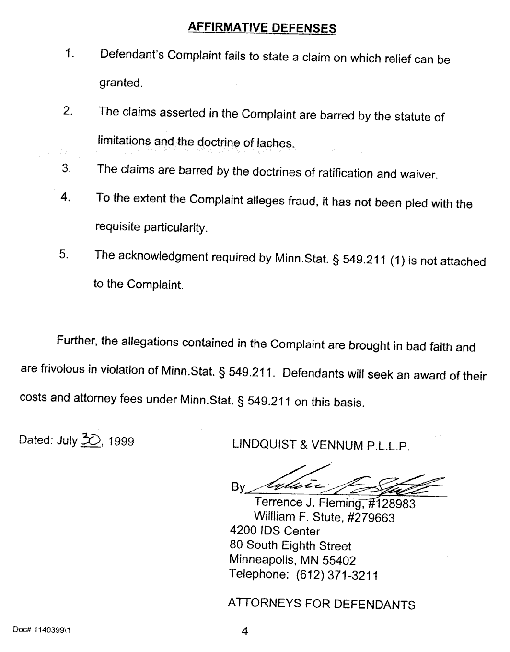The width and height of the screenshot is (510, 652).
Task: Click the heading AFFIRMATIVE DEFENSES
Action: (x=262, y=27)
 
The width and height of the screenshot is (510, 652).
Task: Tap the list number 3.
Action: (x=66, y=168)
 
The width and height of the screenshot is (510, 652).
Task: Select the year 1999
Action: (x=121, y=441)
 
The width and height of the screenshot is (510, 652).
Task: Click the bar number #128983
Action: (x=389, y=504)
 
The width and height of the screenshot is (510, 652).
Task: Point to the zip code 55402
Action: (x=339, y=560)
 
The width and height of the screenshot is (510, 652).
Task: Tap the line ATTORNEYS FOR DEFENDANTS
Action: (x=322, y=604)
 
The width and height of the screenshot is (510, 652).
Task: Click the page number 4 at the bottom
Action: (x=244, y=631)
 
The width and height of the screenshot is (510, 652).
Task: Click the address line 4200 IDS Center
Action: (x=275, y=531)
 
